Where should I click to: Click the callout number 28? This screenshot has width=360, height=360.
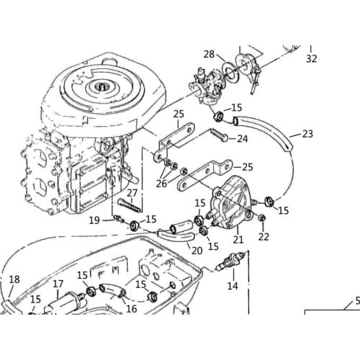click(x=209, y=54)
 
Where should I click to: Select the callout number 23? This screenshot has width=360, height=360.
click(x=307, y=134)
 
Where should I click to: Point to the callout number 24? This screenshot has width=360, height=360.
click(x=243, y=138)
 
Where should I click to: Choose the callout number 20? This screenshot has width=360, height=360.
click(x=195, y=250)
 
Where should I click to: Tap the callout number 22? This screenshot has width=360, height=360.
click(x=264, y=237)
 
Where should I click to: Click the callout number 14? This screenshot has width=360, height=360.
click(x=231, y=286)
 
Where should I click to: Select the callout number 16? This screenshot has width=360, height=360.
click(x=131, y=308)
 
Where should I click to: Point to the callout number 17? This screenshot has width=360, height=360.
click(x=58, y=284)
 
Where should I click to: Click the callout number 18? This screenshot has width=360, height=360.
click(x=14, y=279)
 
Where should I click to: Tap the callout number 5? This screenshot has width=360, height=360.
click(x=356, y=302)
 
